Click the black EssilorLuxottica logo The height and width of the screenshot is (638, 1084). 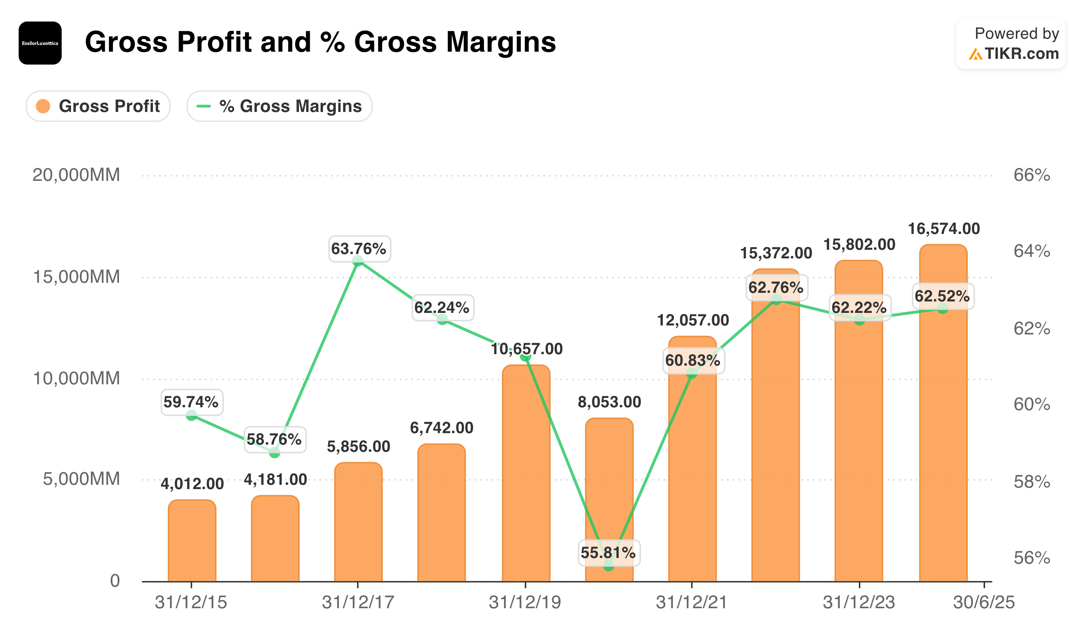40,43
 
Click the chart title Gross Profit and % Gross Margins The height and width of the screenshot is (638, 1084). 320,42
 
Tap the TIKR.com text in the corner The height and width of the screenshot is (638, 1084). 1022,54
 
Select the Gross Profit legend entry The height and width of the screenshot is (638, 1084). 98,106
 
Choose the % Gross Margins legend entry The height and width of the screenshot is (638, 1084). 279,106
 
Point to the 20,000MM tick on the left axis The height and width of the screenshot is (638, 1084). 76,175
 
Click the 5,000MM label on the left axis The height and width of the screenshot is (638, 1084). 81,479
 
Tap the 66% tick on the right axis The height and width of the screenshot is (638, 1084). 1032,175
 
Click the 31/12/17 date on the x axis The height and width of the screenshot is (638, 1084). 358,602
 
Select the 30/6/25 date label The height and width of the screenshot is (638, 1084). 984,602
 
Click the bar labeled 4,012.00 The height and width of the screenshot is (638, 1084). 192,541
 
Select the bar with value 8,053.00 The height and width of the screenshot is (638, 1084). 609,500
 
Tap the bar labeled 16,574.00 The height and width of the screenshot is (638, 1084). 943,413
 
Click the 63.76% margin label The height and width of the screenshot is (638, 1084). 359,249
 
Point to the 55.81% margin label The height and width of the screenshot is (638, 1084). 609,553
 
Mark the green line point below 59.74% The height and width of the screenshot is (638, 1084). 191,416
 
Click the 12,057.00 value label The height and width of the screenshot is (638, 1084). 693,320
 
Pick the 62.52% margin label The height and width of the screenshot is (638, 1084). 942,296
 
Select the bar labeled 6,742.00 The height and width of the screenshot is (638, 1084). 441,513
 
